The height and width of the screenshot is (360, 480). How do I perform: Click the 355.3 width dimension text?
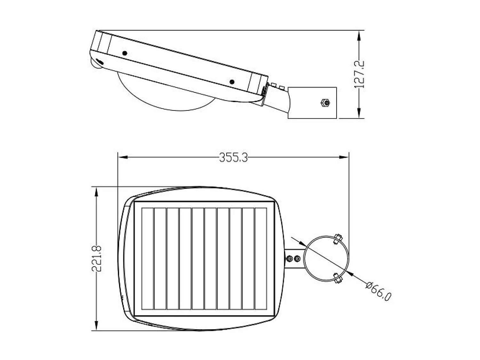click(x=233, y=157)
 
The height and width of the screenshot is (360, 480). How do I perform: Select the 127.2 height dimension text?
click(x=360, y=74)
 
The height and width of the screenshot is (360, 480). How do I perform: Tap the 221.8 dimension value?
click(x=97, y=258)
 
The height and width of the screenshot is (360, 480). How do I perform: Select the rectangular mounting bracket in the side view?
click(x=312, y=102)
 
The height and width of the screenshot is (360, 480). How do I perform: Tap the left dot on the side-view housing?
click(x=125, y=53)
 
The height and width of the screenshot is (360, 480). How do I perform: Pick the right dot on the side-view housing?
click(x=232, y=82)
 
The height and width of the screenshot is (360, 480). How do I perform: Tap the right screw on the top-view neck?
click(x=297, y=258)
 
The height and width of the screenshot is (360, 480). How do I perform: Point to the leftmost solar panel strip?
click(x=148, y=259)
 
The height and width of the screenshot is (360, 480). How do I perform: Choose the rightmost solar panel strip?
click(x=261, y=259)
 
